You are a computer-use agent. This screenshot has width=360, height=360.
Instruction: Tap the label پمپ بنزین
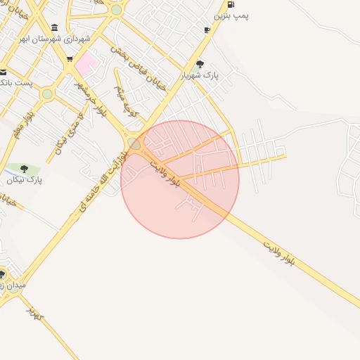tap(231, 15)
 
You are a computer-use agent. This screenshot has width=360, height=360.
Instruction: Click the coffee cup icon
tap(207, 30)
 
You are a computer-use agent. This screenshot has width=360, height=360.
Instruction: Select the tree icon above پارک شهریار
tap(200, 64)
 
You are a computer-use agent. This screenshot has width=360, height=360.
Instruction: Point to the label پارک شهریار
tap(200, 75)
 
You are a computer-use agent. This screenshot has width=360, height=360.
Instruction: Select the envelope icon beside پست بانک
tap(3, 72)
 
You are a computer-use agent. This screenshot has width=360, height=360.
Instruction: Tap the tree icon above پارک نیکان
tap(25, 169)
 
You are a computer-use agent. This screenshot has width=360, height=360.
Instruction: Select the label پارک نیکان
tap(25, 180)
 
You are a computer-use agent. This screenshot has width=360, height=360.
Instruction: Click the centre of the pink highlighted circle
tap(180, 179)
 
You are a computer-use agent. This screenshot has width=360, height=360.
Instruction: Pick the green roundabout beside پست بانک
tap(47, 94)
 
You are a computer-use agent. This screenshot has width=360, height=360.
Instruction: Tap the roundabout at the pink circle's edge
tap(134, 143)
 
